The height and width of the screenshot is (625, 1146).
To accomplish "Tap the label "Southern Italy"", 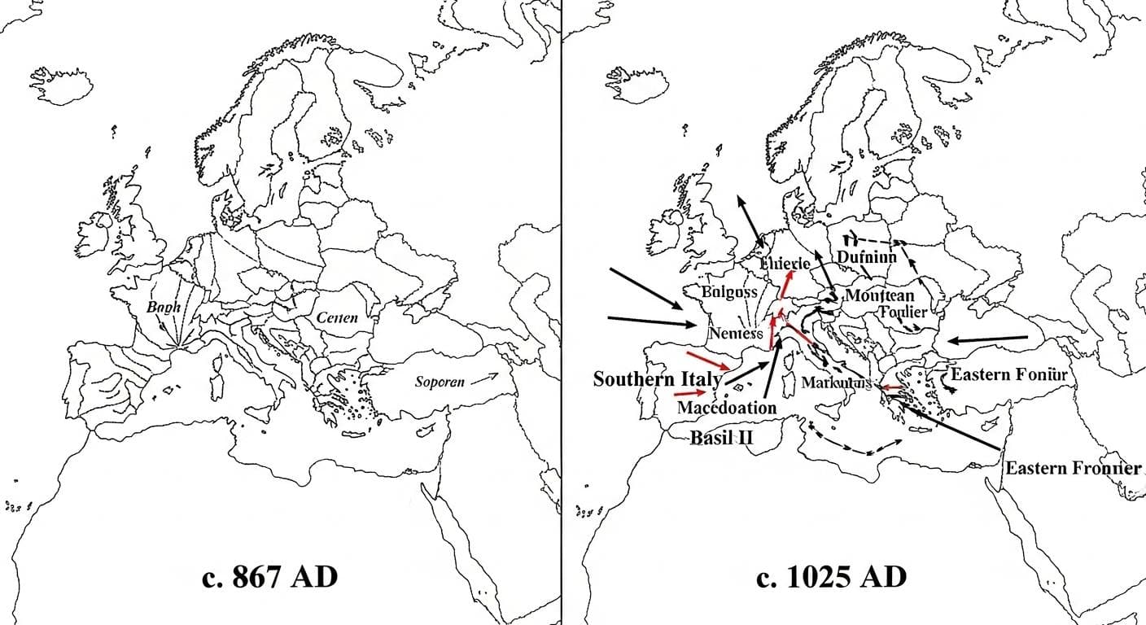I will [x=657, y=379].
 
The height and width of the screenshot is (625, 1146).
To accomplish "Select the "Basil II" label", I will [x=722, y=437].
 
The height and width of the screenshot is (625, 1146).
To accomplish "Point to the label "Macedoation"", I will [x=726, y=408].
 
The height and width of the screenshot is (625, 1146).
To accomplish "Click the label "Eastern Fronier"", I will [x=1073, y=469].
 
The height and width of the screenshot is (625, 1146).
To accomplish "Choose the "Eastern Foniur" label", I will [x=1008, y=375].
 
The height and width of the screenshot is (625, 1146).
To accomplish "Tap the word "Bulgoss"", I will [x=729, y=291].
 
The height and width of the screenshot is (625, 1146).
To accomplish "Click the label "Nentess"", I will [x=736, y=333].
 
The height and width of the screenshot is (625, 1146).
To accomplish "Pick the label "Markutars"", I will [x=836, y=382].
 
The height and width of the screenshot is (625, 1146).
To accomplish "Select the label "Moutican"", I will [x=879, y=295].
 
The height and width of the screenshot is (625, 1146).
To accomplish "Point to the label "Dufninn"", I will [x=866, y=257].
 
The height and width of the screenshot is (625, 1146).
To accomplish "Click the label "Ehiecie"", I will [x=785, y=264].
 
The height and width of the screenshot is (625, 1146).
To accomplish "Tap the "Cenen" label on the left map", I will [x=337, y=318].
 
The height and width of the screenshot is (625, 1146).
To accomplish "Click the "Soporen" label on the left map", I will [x=440, y=382].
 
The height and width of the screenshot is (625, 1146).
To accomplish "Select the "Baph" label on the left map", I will [x=164, y=308].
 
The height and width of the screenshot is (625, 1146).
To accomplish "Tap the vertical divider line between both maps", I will [x=561, y=312].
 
